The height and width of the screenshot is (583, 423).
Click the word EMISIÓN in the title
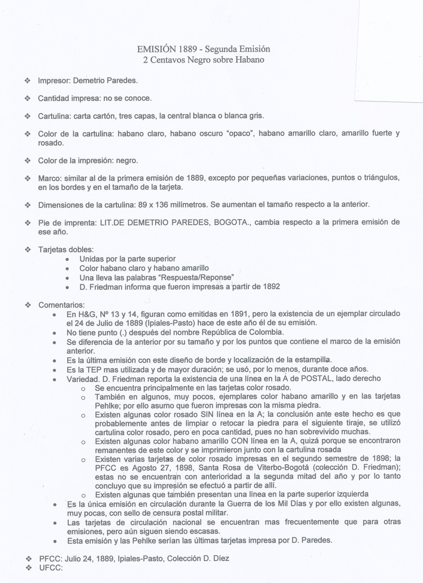(x=156, y=49)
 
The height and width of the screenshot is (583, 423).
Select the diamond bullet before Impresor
(x=28, y=81)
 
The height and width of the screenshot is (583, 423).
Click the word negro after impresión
(x=127, y=161)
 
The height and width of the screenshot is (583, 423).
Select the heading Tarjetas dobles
(x=66, y=249)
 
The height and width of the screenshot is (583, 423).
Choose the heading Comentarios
(x=61, y=305)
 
